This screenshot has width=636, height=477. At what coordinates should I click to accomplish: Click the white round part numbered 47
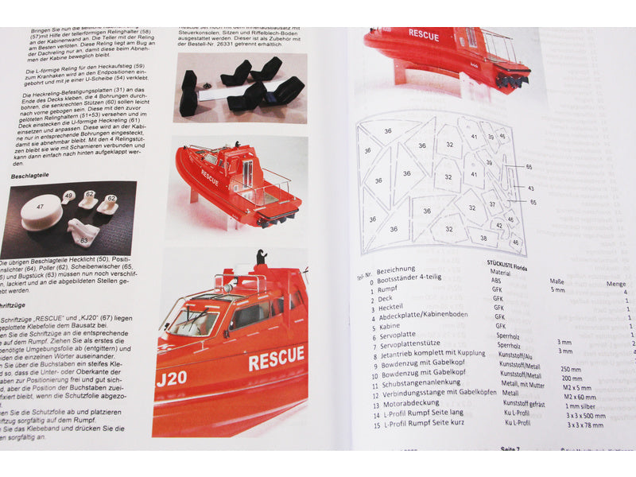point(41,212)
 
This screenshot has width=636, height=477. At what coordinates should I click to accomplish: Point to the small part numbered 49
point(68,196)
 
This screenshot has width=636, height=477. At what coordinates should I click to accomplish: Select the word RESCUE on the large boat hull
point(276,359)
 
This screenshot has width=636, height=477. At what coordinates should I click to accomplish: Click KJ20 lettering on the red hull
point(172,378)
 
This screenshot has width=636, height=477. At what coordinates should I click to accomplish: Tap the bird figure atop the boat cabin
point(261,258)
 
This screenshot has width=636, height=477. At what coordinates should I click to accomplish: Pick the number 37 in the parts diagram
point(493,204)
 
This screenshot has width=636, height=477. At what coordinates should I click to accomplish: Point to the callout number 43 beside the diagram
point(529,188)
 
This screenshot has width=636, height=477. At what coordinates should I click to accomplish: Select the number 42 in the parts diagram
point(498,225)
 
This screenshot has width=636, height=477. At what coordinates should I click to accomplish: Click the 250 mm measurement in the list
point(572,369)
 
